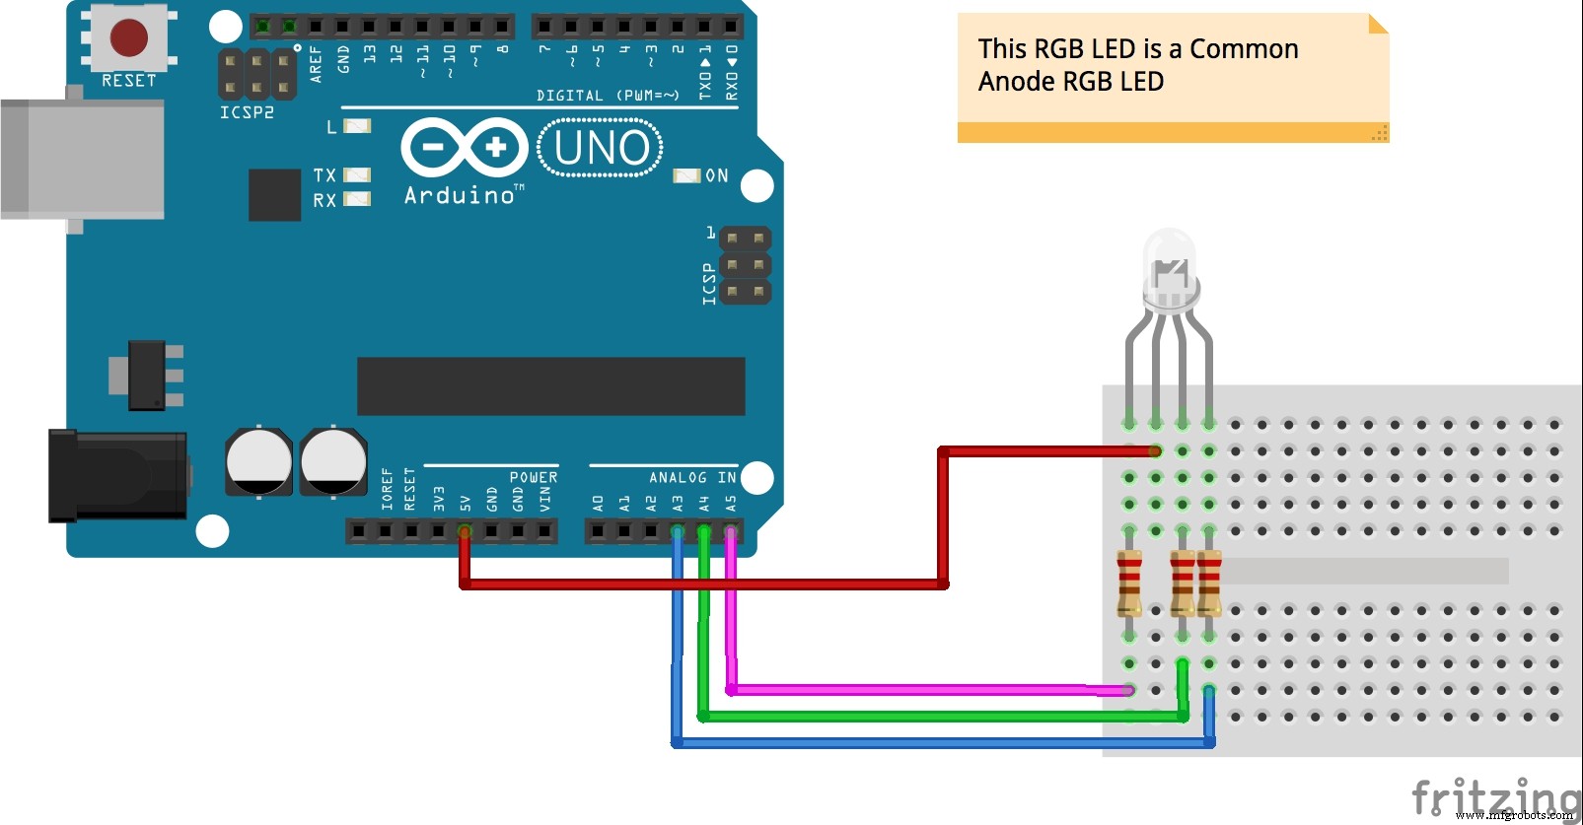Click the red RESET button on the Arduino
click(x=128, y=36)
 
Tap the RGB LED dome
click(x=1170, y=258)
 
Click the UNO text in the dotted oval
click(x=601, y=148)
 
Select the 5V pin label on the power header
click(x=465, y=503)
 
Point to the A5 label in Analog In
click(x=731, y=503)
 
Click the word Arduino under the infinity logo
click(x=461, y=195)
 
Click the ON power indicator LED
click(x=686, y=175)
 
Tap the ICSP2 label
click(x=247, y=112)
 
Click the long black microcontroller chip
click(x=550, y=386)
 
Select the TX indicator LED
click(x=357, y=175)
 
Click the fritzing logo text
click(x=1493, y=796)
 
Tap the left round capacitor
click(x=258, y=461)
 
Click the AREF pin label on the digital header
click(x=316, y=62)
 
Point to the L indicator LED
click(x=357, y=126)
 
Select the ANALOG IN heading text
click(x=692, y=477)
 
